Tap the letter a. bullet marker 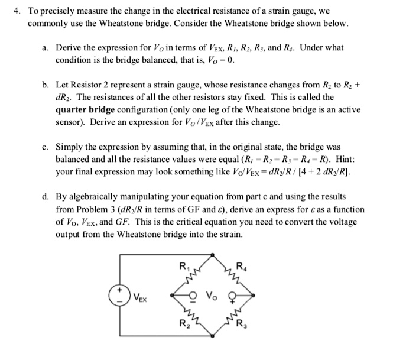coord(45,47)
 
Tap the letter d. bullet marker coord(45,197)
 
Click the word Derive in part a coord(71,47)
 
